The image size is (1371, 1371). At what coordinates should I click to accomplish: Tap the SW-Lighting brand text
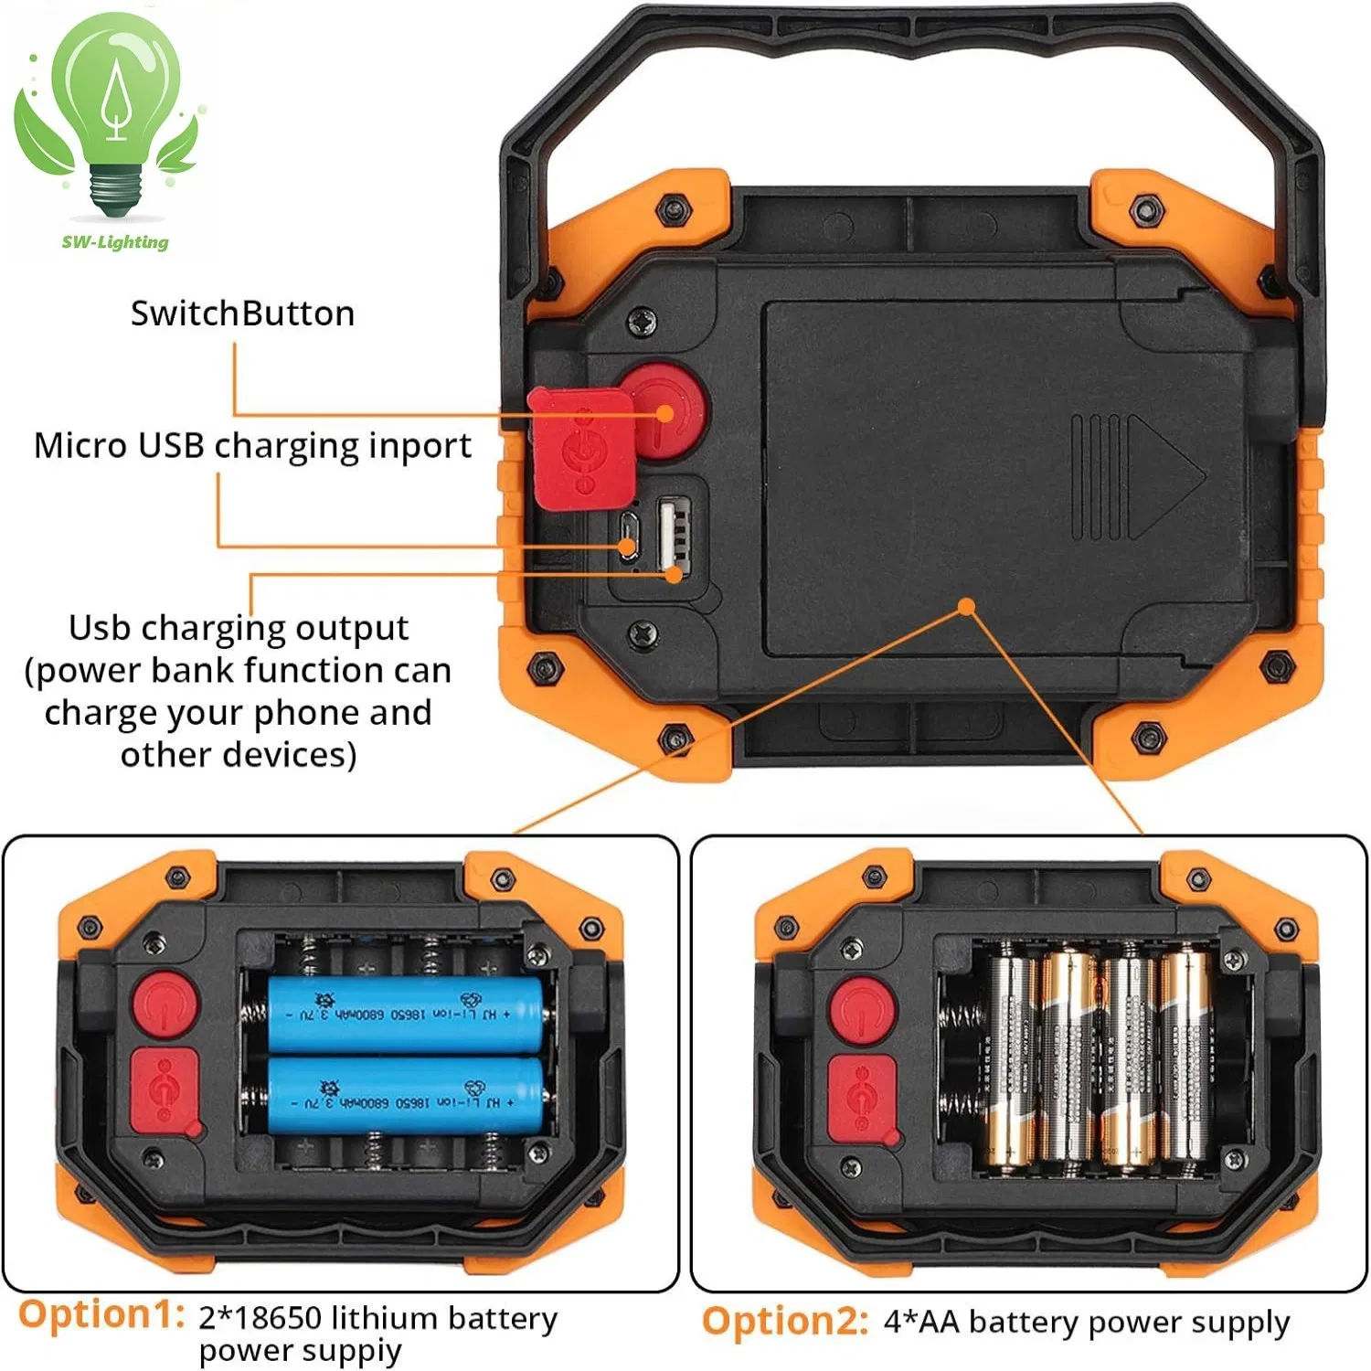pos(115,242)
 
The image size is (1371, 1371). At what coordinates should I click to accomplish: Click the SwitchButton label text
pos(242,314)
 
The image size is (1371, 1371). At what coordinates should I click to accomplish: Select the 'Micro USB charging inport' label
pos(252,446)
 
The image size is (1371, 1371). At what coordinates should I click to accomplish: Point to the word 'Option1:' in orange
pos(101,1315)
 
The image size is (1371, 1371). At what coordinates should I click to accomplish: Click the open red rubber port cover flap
pos(581,448)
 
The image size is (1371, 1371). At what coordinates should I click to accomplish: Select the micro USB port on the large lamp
pos(628,536)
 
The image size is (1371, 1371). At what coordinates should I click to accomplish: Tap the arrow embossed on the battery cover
pos(1164,476)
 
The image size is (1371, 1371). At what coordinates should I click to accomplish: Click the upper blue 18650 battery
pos(407,1015)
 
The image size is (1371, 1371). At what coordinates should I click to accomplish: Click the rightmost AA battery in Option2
pos(1185,1060)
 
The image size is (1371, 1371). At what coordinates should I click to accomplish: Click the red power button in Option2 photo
pos(863,1011)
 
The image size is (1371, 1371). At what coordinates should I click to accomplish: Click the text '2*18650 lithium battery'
pos(377,1318)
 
